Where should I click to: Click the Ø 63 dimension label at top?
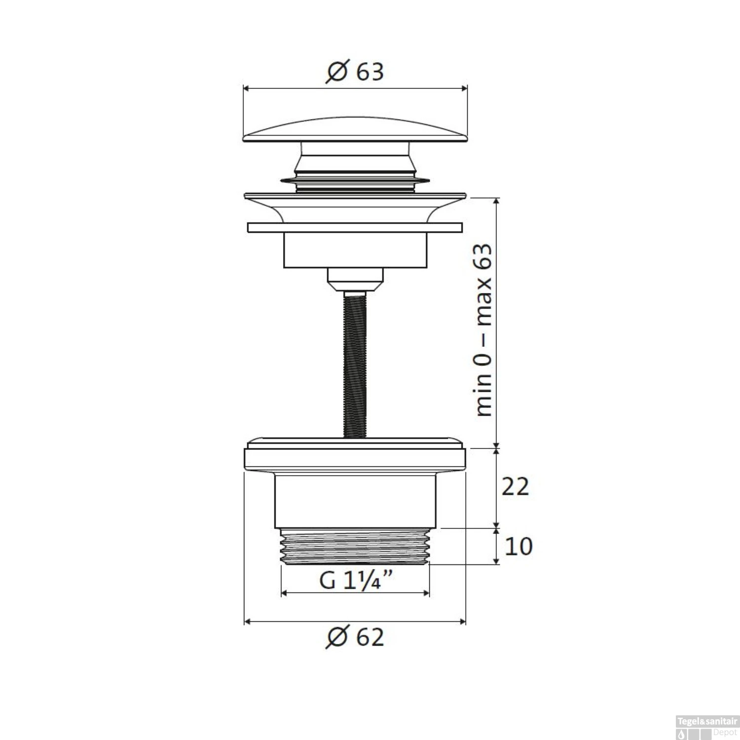[355, 72]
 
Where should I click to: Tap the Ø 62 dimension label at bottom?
[355, 637]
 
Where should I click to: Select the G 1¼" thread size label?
[355, 580]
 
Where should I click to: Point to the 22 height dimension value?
[515, 487]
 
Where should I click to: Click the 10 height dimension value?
[518, 547]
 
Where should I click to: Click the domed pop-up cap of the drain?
[355, 130]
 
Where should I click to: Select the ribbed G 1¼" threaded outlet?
[355, 547]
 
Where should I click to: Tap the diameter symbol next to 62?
[337, 638]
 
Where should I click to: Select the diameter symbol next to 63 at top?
[338, 73]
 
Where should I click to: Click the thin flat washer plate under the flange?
[355, 227]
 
